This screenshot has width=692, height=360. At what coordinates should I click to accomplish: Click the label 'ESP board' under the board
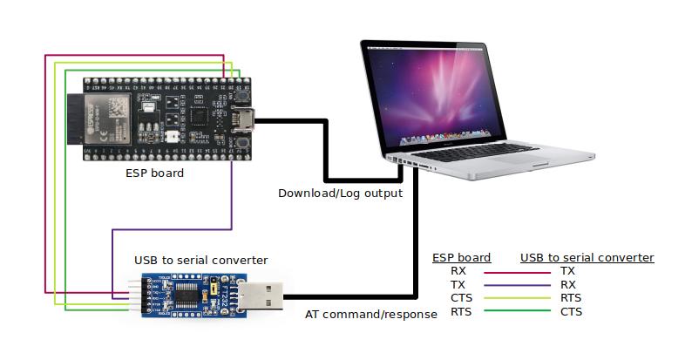click(154, 173)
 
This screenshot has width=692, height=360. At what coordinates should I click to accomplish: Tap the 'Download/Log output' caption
click(340, 193)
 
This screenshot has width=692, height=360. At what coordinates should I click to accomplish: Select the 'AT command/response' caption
click(370, 314)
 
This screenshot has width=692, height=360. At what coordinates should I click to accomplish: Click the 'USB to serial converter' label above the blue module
click(200, 260)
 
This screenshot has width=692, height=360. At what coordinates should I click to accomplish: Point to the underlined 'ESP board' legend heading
click(462, 257)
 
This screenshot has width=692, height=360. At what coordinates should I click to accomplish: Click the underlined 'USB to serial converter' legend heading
click(587, 257)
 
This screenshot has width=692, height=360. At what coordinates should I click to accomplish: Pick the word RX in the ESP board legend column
click(458, 271)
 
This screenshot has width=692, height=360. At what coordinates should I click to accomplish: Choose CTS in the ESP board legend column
click(460, 298)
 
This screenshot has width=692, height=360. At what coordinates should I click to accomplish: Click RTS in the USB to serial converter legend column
click(572, 298)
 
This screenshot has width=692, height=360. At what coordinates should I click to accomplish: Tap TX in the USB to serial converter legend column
click(567, 271)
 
